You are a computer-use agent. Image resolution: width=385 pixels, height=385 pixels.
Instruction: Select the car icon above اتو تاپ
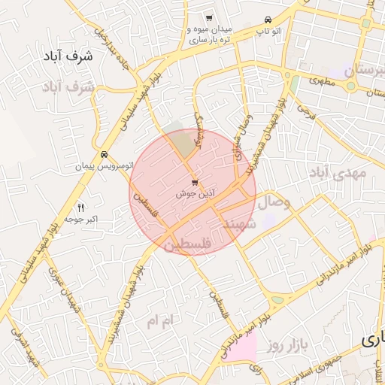[267, 20]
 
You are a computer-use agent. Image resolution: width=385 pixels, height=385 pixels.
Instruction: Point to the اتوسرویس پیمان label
[102, 165]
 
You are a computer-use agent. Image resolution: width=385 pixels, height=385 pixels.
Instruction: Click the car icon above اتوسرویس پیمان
[103, 155]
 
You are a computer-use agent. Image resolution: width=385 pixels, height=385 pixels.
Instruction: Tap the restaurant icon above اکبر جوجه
[81, 207]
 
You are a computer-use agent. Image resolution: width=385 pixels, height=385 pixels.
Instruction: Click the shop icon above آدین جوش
[196, 183]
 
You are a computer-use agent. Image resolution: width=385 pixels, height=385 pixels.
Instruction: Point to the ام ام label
[160, 321]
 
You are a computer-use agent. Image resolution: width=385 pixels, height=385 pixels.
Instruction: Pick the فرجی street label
[306, 111]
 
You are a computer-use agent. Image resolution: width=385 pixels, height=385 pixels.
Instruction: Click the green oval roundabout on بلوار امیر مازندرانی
[277, 300]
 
